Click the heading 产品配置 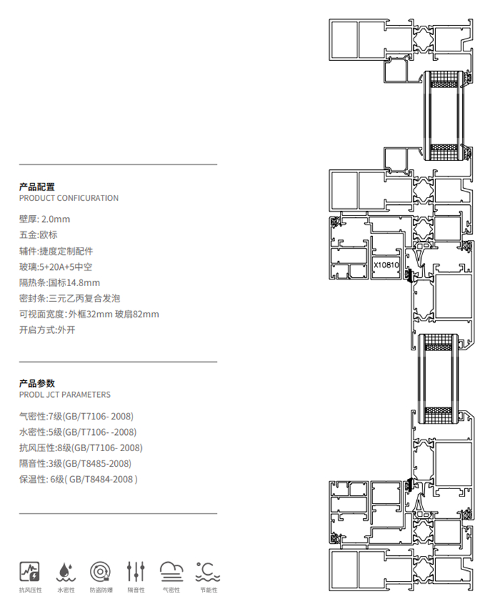tap(37, 187)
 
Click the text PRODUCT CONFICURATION tap(69, 198)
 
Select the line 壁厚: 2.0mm tap(45, 219)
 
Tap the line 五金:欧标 tap(39, 235)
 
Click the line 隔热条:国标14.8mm tap(59, 283)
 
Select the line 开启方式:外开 tap(47, 331)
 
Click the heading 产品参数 tap(37, 383)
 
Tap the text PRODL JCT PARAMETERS tap(65, 394)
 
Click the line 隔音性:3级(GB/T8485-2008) tap(76, 463)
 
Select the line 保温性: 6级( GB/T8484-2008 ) tap(78, 480)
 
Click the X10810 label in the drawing tap(386, 266)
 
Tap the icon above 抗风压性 tap(30, 571)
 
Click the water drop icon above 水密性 tap(66, 572)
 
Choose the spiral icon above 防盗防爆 tap(101, 572)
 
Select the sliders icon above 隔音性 tap(136, 572)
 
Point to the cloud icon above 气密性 tap(172, 572)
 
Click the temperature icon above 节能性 tap(206, 572)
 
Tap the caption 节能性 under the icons tap(207, 590)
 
